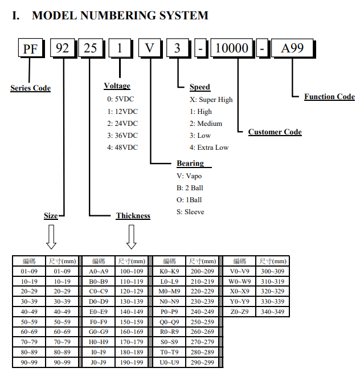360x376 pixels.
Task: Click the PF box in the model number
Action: tap(31, 48)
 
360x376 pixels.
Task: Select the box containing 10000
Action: tap(232, 48)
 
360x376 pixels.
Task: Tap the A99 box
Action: tap(293, 48)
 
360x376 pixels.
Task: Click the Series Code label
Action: tap(30, 88)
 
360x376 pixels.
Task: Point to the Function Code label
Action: tap(329, 96)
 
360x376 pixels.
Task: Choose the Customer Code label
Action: tap(275, 132)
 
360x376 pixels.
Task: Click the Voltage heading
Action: tap(117, 86)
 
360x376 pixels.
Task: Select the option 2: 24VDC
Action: tap(122, 124)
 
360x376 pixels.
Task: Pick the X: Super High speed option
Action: tap(211, 100)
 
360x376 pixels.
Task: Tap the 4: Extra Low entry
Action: tap(209, 147)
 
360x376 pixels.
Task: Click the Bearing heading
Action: tap(190, 164)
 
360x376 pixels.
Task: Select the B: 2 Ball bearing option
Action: tap(190, 188)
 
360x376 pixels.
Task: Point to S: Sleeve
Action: tap(190, 212)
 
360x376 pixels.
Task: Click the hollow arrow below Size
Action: tap(51, 236)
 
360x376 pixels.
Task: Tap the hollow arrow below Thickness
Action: tap(131, 236)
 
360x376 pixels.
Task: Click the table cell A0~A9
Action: tap(99, 271)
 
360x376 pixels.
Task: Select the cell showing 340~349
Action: tap(272, 312)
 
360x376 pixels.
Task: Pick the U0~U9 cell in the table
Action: tap(169, 362)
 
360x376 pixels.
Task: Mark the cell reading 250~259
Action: tap(202, 322)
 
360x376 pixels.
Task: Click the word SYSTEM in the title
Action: tap(184, 15)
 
